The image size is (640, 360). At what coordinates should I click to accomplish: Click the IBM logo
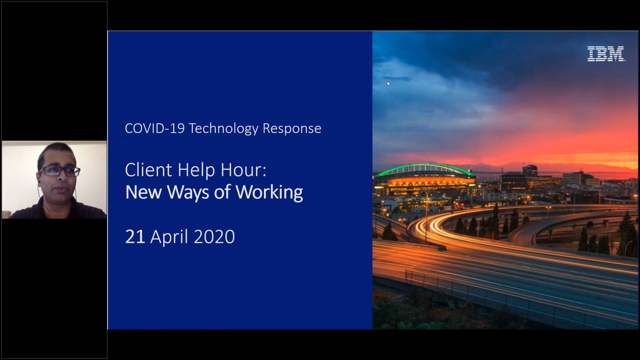(x=606, y=54)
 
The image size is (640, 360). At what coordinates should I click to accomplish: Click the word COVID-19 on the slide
(x=155, y=129)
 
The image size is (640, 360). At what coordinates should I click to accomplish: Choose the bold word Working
(x=269, y=193)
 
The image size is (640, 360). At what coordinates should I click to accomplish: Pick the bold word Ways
(x=188, y=193)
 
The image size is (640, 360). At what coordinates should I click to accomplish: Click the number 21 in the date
(x=135, y=237)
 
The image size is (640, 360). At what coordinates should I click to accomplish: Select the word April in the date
(x=170, y=237)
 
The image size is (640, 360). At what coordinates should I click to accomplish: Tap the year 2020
(x=214, y=237)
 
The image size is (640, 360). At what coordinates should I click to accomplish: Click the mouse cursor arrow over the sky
(x=388, y=84)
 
